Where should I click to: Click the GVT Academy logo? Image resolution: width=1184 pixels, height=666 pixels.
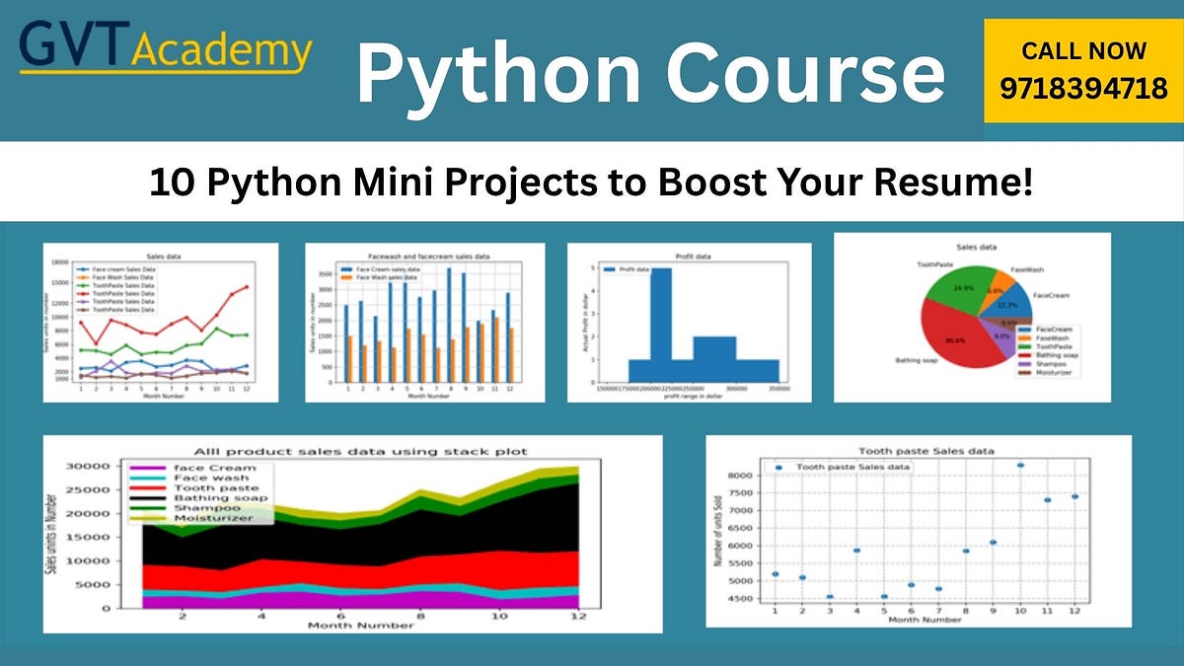pos(166,49)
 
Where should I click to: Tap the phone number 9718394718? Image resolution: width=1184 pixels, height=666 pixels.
pos(1083,89)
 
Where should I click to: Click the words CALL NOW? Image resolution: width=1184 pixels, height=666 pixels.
pos(1083,50)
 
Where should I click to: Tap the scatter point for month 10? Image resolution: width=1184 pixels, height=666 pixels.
pos(1020,465)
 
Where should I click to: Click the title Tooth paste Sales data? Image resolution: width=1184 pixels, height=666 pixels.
pos(926,451)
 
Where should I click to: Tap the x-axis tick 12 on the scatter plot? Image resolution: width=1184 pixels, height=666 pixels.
pos(1074,611)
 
